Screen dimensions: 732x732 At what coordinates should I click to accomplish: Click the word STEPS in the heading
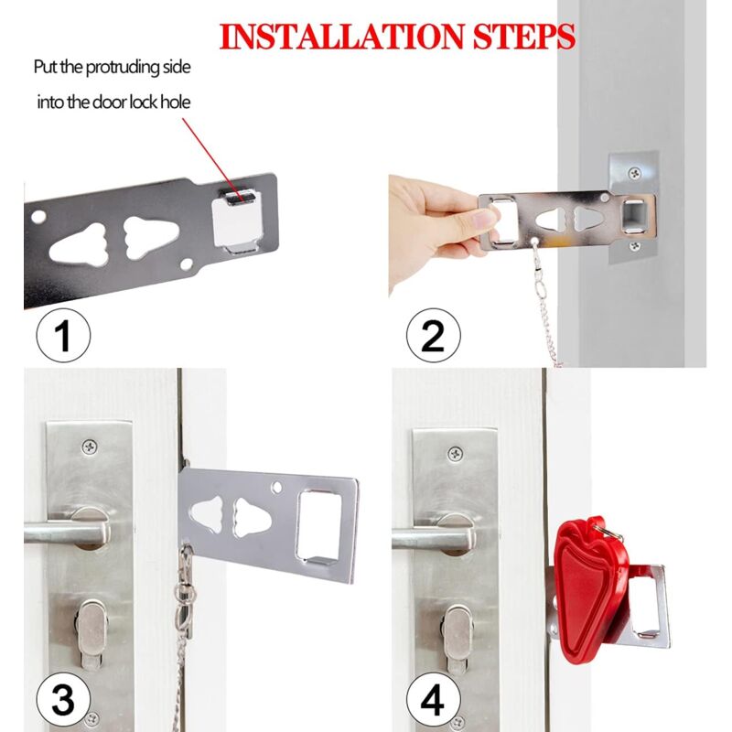tap(524, 37)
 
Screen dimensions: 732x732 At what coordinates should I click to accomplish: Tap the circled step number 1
tap(63, 337)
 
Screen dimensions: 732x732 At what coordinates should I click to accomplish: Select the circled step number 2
tap(433, 337)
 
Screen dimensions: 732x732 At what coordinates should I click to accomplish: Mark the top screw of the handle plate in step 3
tap(90, 447)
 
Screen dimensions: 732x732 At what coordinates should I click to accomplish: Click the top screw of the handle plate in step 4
tap(455, 453)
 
